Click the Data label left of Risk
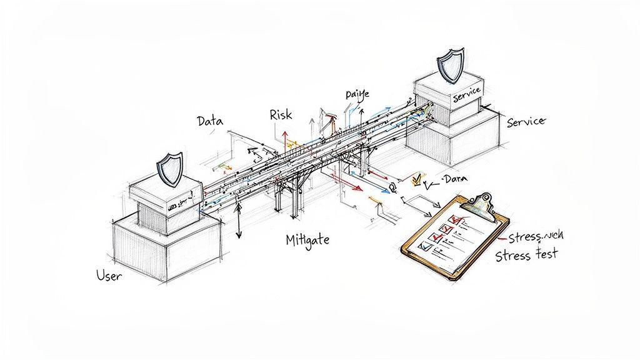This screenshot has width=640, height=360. (x=209, y=122)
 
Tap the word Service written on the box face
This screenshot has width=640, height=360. (x=466, y=91)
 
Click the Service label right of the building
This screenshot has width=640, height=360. (x=526, y=122)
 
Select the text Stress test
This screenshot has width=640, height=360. (x=527, y=255)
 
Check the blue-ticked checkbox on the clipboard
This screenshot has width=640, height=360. (x=425, y=247)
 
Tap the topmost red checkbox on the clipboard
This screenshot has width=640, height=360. (x=457, y=219)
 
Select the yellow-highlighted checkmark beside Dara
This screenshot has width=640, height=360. (x=417, y=181)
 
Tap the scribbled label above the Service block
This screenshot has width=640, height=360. (x=357, y=94)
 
